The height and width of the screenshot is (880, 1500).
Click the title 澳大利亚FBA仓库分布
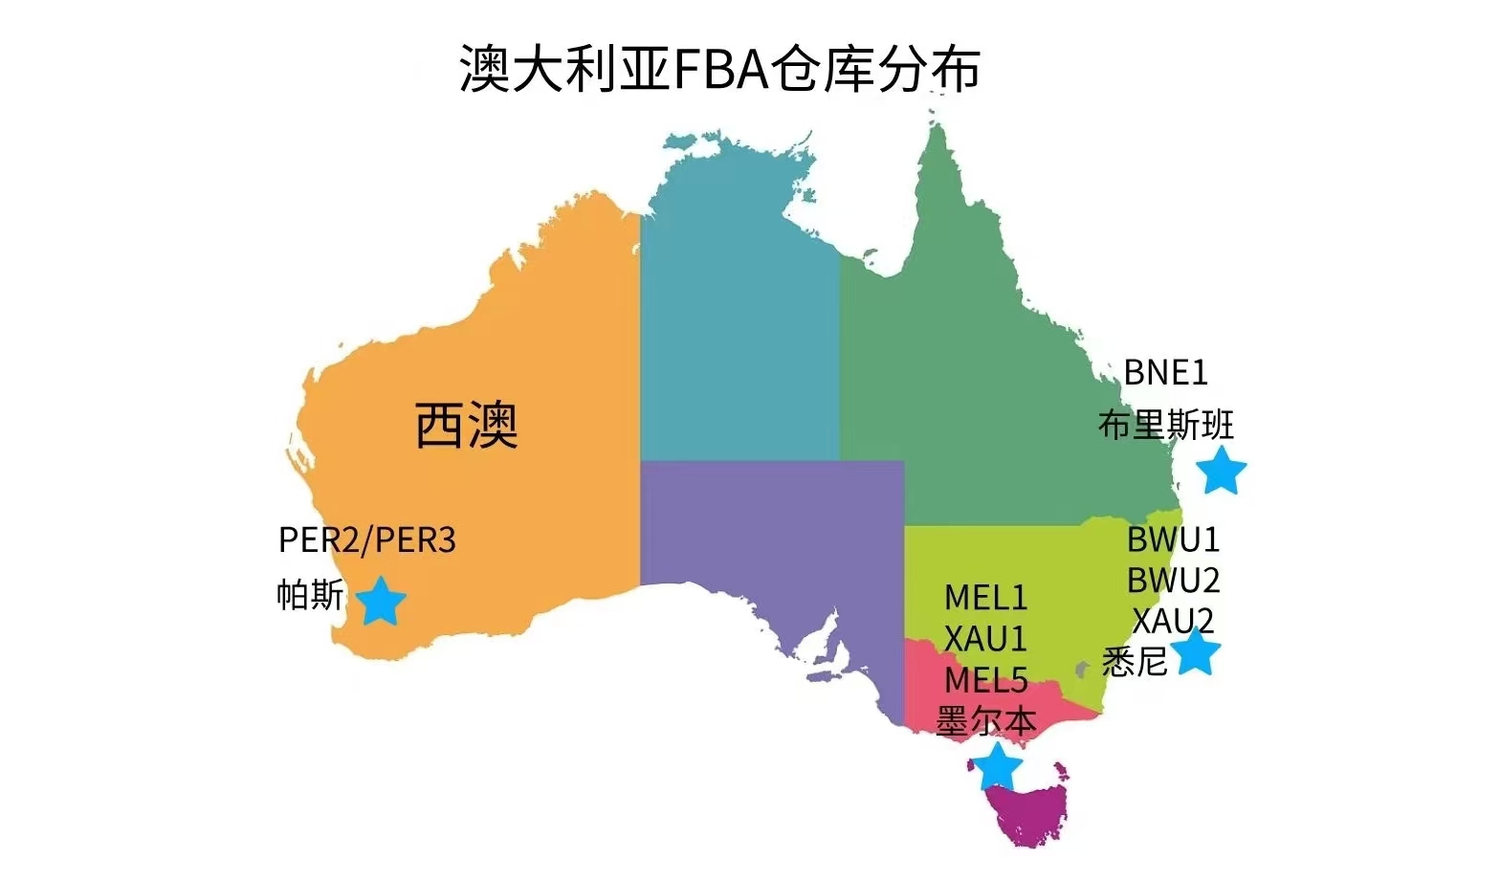coord(719,69)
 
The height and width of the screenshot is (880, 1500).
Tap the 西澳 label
coord(466,426)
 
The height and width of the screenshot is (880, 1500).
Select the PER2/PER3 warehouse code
coord(367,540)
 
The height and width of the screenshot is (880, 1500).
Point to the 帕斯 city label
coord(310,595)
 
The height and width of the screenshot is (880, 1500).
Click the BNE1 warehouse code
coord(1165,372)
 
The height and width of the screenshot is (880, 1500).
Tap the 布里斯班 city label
coord(1165,424)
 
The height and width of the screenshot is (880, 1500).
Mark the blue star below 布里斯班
coord(1221,471)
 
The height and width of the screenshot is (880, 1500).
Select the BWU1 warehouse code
coord(1173,539)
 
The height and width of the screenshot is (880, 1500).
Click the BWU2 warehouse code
coord(1173,581)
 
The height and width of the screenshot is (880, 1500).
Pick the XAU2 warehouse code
coord(1173,622)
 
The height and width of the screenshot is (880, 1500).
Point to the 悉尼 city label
coord(1135,662)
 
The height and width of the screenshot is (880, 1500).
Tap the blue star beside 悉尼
coord(1195,653)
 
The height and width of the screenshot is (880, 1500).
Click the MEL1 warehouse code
coord(985,598)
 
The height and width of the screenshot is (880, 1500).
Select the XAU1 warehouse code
coord(985,639)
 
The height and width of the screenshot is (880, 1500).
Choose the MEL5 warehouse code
coord(985,680)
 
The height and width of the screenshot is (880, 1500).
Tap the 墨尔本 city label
coord(985,721)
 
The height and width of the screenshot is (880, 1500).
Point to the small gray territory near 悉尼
coord(1082,669)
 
